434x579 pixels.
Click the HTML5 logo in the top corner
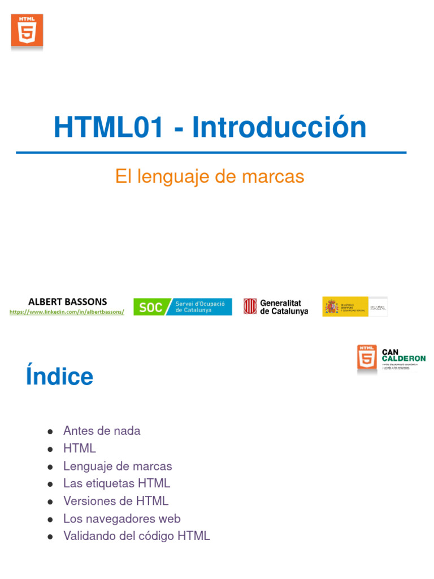pos(27,31)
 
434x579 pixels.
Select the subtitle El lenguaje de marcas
pos(210,176)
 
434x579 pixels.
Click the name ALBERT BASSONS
pos(67,302)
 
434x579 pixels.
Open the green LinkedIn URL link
pos(67,312)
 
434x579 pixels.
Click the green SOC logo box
pos(150,307)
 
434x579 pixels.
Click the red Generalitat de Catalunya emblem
pos(250,306)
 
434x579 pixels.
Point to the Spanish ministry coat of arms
pos(331,307)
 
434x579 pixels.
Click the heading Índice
pos(59,377)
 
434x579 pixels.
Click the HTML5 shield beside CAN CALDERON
pos(367,358)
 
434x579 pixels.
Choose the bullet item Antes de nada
pos(102,431)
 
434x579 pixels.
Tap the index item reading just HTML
pos(80,448)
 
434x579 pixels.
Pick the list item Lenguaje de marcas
pos(118,466)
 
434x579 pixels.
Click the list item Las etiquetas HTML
pos(116,483)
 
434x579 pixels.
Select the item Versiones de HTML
pos(116,501)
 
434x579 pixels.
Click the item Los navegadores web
pos(121,518)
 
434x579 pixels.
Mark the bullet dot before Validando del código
pos(51,536)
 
